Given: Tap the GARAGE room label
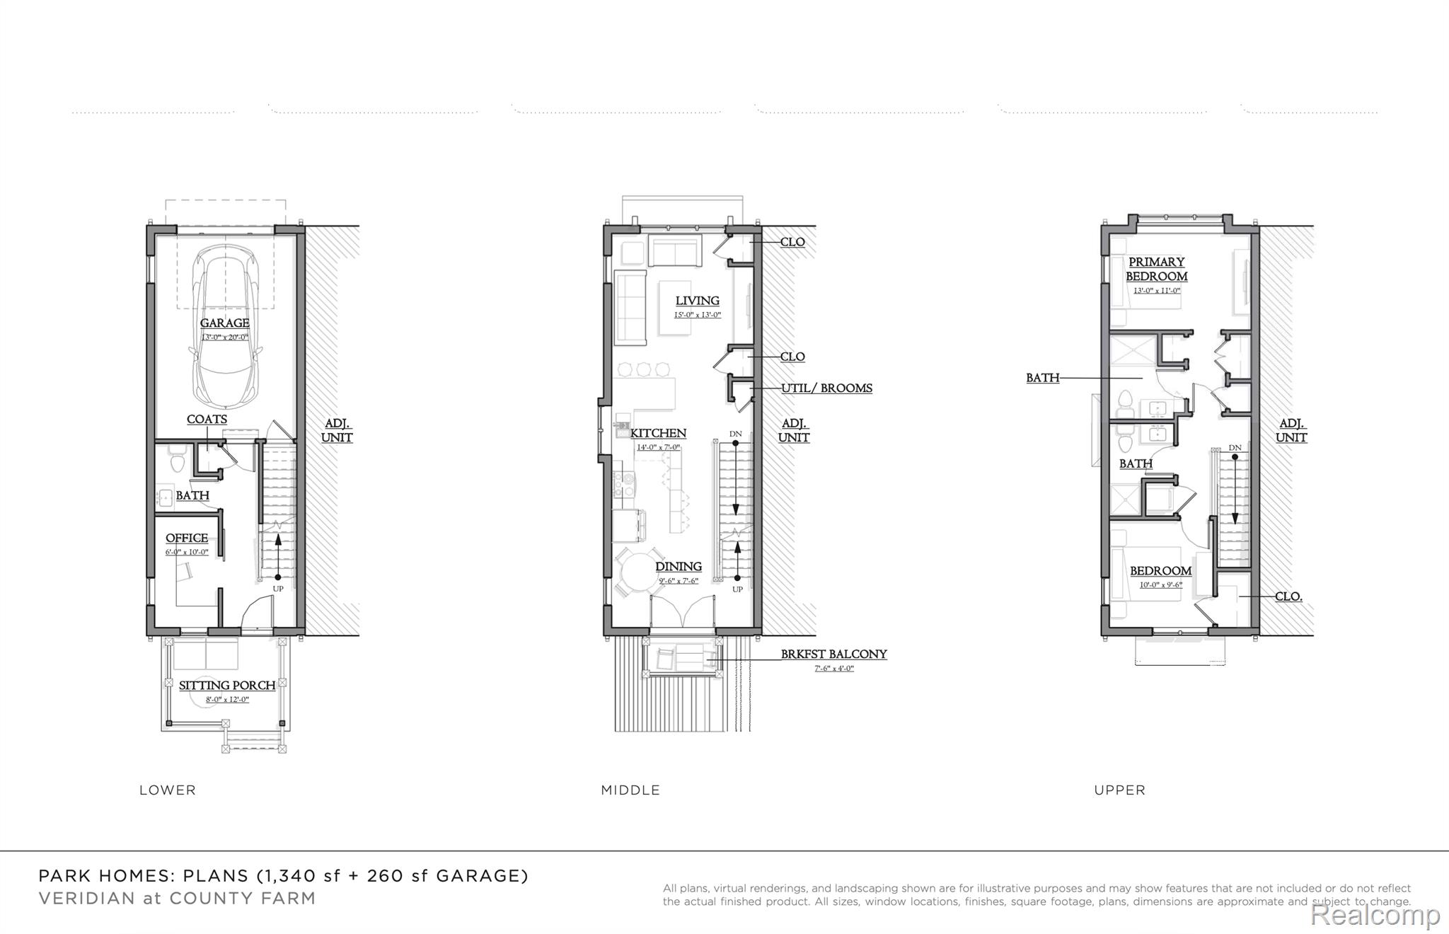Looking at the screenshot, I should [224, 323].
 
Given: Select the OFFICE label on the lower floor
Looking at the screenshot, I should [187, 538].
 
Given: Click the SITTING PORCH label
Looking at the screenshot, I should [227, 686].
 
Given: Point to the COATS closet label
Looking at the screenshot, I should [207, 420].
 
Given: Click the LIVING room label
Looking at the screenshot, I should [697, 301].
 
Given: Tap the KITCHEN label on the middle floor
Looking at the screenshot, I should [658, 434].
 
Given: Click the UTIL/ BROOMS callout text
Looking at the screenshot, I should [826, 388].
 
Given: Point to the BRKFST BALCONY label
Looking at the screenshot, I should [833, 655].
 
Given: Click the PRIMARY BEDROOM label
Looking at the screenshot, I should [1157, 270].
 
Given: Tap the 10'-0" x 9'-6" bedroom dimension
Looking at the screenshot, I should [1160, 585].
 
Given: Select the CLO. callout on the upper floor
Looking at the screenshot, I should [1288, 597].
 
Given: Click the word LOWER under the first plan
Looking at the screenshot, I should [168, 790].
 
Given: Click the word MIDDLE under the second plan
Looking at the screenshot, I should [630, 790].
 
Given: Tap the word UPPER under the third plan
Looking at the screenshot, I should [1119, 790].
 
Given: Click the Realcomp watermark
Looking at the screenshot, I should [1375, 915].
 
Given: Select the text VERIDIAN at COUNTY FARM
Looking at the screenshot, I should [177, 899].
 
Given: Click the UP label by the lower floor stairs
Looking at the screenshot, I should [278, 589].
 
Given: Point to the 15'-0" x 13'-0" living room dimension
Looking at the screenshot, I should [698, 315].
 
